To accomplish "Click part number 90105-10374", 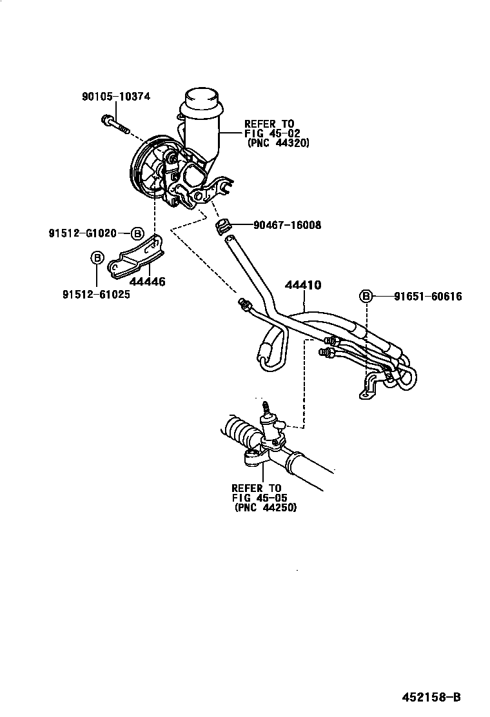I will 116,97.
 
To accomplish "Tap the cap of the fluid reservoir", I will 201,100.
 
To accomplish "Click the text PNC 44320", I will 279,144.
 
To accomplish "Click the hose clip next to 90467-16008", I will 222,226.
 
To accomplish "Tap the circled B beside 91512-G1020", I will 137,233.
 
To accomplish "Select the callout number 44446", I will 147,281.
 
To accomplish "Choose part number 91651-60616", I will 430,297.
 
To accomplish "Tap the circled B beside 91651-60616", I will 366,297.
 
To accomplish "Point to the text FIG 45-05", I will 260,498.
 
